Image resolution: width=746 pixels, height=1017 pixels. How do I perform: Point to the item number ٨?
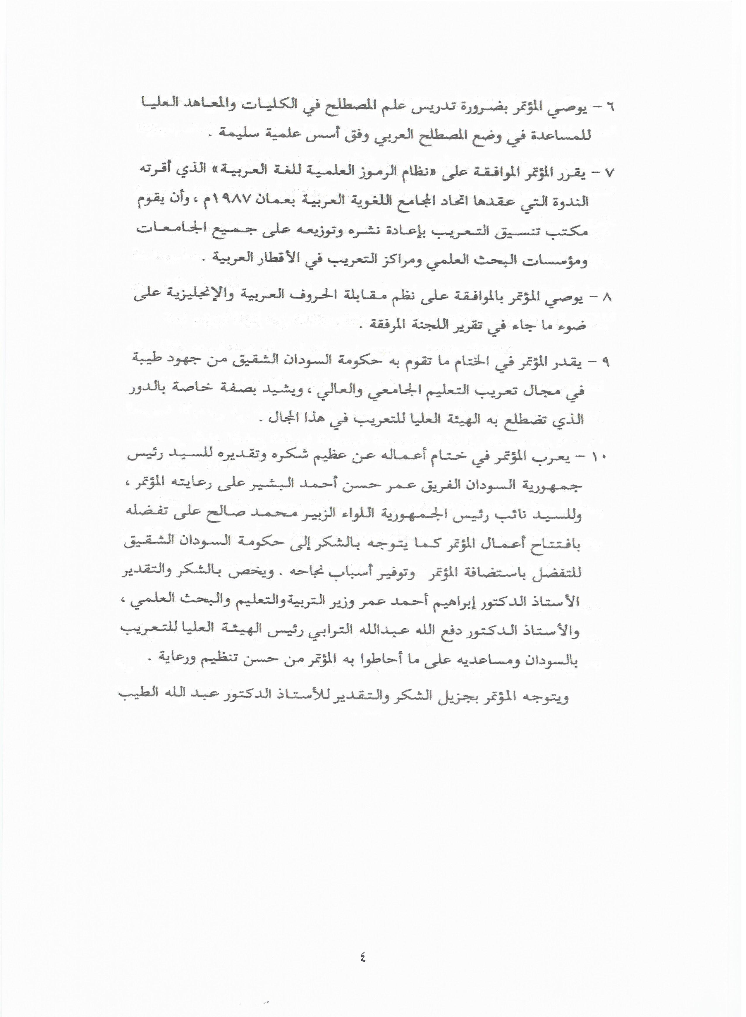[607, 298]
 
